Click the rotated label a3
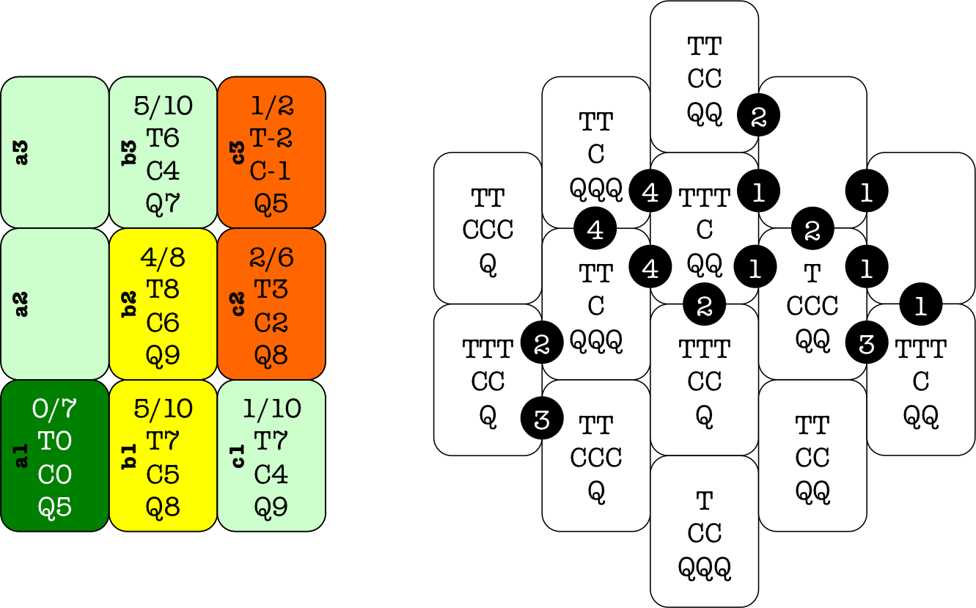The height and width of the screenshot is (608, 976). [22, 153]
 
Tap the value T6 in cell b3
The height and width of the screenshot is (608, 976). [163, 138]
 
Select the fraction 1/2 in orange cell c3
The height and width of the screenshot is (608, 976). [271, 106]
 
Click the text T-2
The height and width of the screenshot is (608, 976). [271, 138]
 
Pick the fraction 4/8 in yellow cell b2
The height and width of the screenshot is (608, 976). [163, 257]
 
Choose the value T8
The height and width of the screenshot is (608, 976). [163, 289]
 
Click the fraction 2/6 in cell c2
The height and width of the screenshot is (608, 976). [271, 257]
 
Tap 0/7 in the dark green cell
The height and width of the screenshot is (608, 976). [55, 409]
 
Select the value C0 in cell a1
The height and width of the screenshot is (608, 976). [55, 475]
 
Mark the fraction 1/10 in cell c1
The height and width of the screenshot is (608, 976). [271, 409]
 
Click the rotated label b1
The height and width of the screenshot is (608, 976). [130, 455]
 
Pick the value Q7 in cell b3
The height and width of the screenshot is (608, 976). [163, 203]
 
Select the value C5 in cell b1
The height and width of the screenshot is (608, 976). [163, 475]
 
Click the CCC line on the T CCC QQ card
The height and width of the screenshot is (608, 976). [812, 305]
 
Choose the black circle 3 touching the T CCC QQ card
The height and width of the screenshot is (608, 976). [867, 343]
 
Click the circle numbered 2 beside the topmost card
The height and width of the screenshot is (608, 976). [758, 115]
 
